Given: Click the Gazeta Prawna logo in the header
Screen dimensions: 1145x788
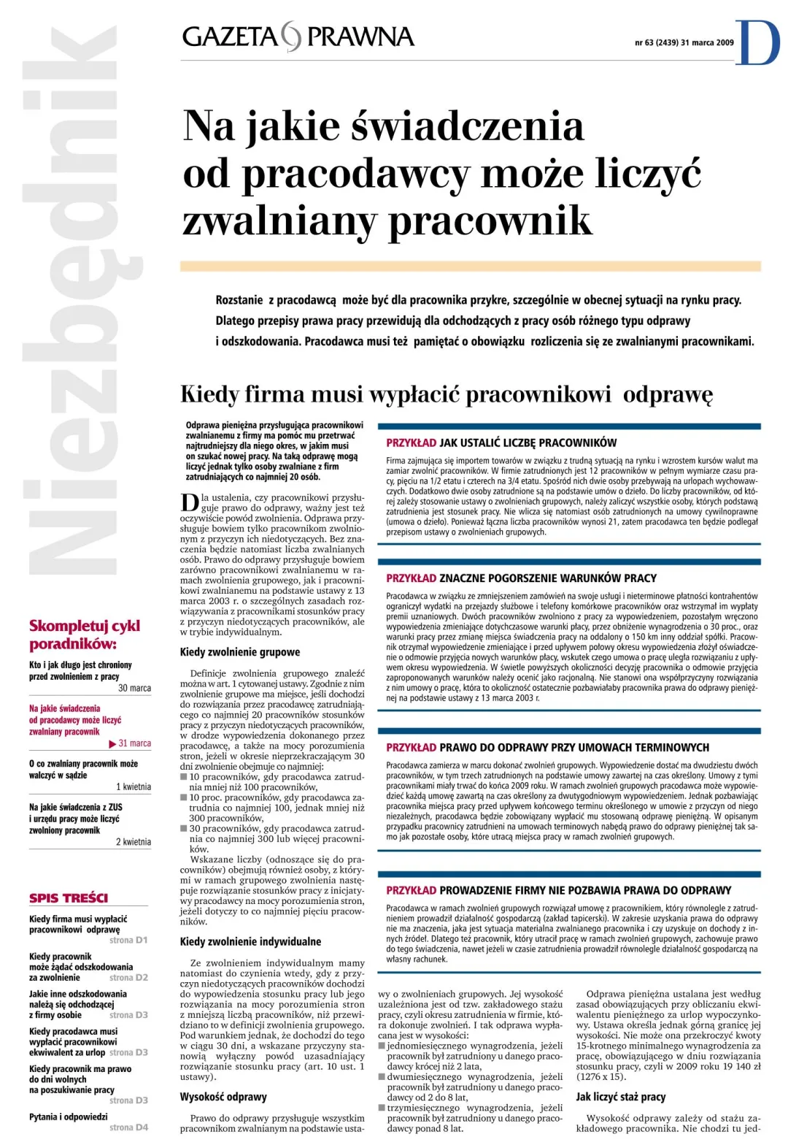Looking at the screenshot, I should [x=298, y=37].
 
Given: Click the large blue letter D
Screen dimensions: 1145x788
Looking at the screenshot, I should [x=759, y=42].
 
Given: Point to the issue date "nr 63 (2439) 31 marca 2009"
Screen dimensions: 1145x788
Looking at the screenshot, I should [x=684, y=42].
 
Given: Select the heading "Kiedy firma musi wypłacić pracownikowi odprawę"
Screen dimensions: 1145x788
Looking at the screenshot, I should [x=446, y=394].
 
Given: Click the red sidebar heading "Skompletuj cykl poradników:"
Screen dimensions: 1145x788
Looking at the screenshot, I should [x=84, y=635].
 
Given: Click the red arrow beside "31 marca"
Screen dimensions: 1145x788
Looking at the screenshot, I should [x=112, y=743].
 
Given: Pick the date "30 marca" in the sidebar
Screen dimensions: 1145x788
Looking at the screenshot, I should [x=134, y=688].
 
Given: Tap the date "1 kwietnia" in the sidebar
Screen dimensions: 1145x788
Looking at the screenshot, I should [x=134, y=786].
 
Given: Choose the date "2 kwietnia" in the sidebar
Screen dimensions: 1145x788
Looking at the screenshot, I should [x=134, y=842].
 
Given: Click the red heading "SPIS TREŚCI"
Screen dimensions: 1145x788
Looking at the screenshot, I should [x=69, y=898].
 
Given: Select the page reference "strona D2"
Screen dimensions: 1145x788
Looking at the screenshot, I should [x=128, y=977].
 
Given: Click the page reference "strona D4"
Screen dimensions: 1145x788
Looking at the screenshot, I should [x=128, y=1127].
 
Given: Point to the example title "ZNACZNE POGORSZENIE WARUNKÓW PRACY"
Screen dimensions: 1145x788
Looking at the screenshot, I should [x=547, y=578].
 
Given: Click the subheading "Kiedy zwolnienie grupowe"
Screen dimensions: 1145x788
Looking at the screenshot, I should [x=240, y=652].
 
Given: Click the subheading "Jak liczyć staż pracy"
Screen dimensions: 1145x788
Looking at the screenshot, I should [x=620, y=1096].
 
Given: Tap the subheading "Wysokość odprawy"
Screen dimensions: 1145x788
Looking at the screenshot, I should [x=223, y=1096].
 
